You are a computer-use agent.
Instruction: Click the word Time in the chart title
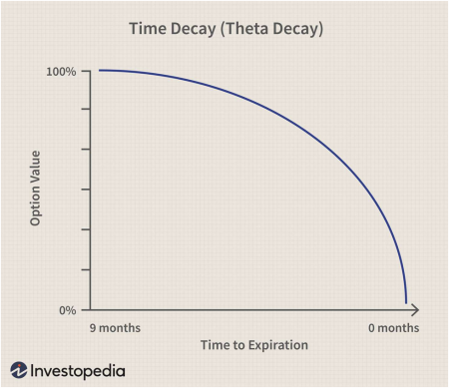(x=148, y=28)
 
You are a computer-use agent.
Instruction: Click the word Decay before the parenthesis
(x=194, y=29)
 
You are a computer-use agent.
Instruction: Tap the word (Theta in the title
(x=244, y=29)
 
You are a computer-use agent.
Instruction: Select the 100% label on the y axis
(x=61, y=72)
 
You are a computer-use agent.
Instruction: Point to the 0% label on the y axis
(x=68, y=310)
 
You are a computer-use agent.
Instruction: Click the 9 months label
(x=115, y=328)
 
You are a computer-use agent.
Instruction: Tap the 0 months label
(x=394, y=328)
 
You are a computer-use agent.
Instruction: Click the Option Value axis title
(x=35, y=189)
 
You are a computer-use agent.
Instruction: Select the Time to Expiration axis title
(x=254, y=345)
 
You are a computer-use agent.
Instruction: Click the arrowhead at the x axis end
(x=415, y=310)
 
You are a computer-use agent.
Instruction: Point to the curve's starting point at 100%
(x=99, y=70)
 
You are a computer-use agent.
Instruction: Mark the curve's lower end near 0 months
(x=406, y=302)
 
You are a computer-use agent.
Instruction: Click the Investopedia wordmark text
(x=78, y=371)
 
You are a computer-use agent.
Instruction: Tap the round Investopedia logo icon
(x=19, y=370)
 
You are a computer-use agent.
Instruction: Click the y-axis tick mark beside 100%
(x=86, y=71)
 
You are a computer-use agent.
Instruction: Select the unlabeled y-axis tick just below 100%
(x=86, y=109)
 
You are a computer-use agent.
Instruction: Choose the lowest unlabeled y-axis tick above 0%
(x=86, y=269)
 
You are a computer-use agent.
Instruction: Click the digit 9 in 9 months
(x=93, y=328)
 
